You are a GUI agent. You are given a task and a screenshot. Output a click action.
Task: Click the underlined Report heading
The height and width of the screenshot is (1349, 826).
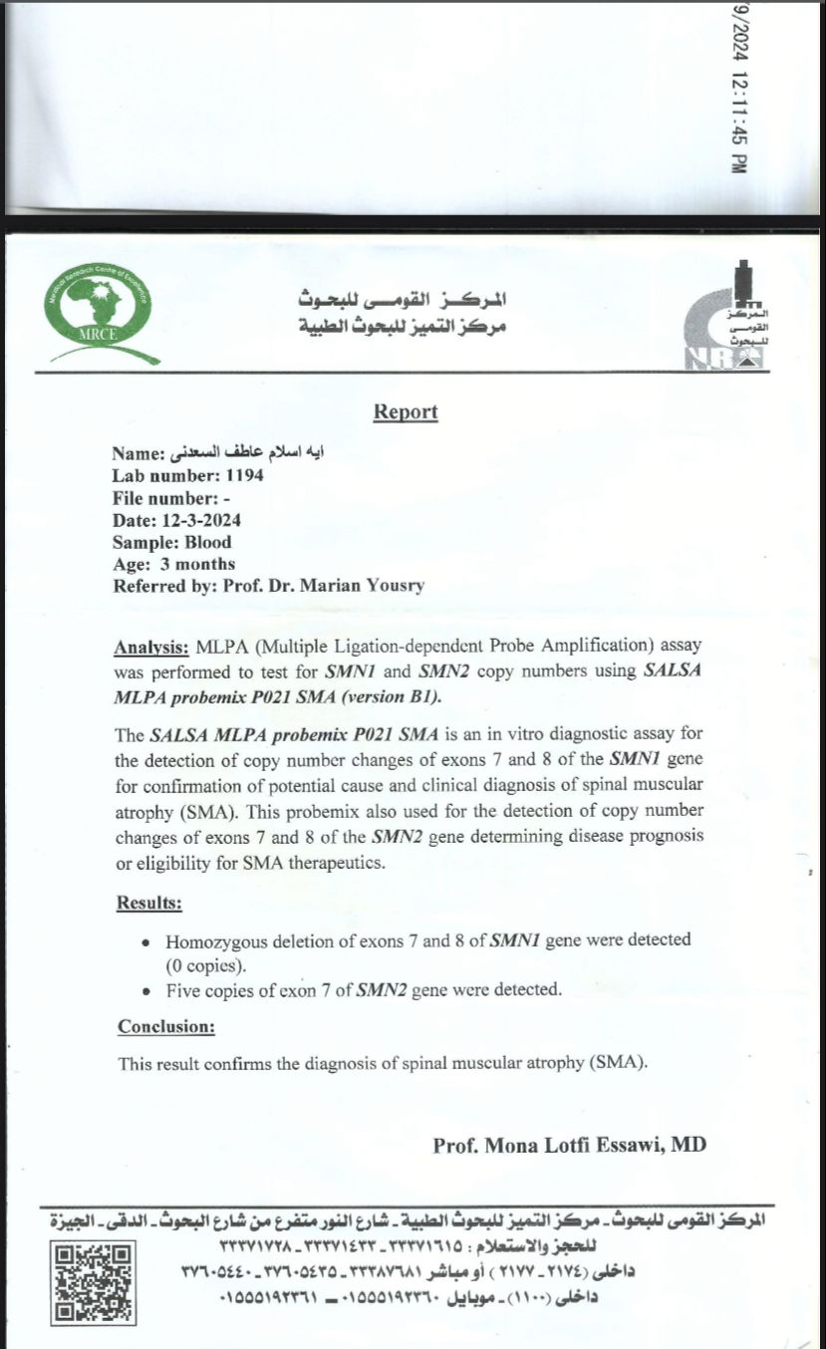(x=406, y=411)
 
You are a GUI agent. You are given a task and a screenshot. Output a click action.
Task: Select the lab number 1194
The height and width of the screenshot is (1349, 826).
(x=244, y=475)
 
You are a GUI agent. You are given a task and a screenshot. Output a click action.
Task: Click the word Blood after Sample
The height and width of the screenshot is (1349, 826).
(x=207, y=542)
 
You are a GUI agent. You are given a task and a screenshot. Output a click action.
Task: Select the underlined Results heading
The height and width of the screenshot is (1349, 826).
(x=149, y=904)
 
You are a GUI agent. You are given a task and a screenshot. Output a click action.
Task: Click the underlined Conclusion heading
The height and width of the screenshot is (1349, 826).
(x=166, y=1026)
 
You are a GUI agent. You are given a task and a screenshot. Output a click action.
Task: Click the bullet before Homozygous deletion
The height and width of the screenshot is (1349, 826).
(x=146, y=941)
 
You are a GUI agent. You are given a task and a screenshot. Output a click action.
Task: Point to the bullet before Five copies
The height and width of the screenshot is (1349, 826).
(x=146, y=991)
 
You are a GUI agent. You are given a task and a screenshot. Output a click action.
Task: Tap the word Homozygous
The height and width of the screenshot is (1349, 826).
(x=212, y=940)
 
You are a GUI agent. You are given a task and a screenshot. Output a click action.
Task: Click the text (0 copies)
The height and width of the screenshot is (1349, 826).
(x=207, y=965)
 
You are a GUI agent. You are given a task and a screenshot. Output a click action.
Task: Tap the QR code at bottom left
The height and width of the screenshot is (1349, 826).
(x=94, y=1283)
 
